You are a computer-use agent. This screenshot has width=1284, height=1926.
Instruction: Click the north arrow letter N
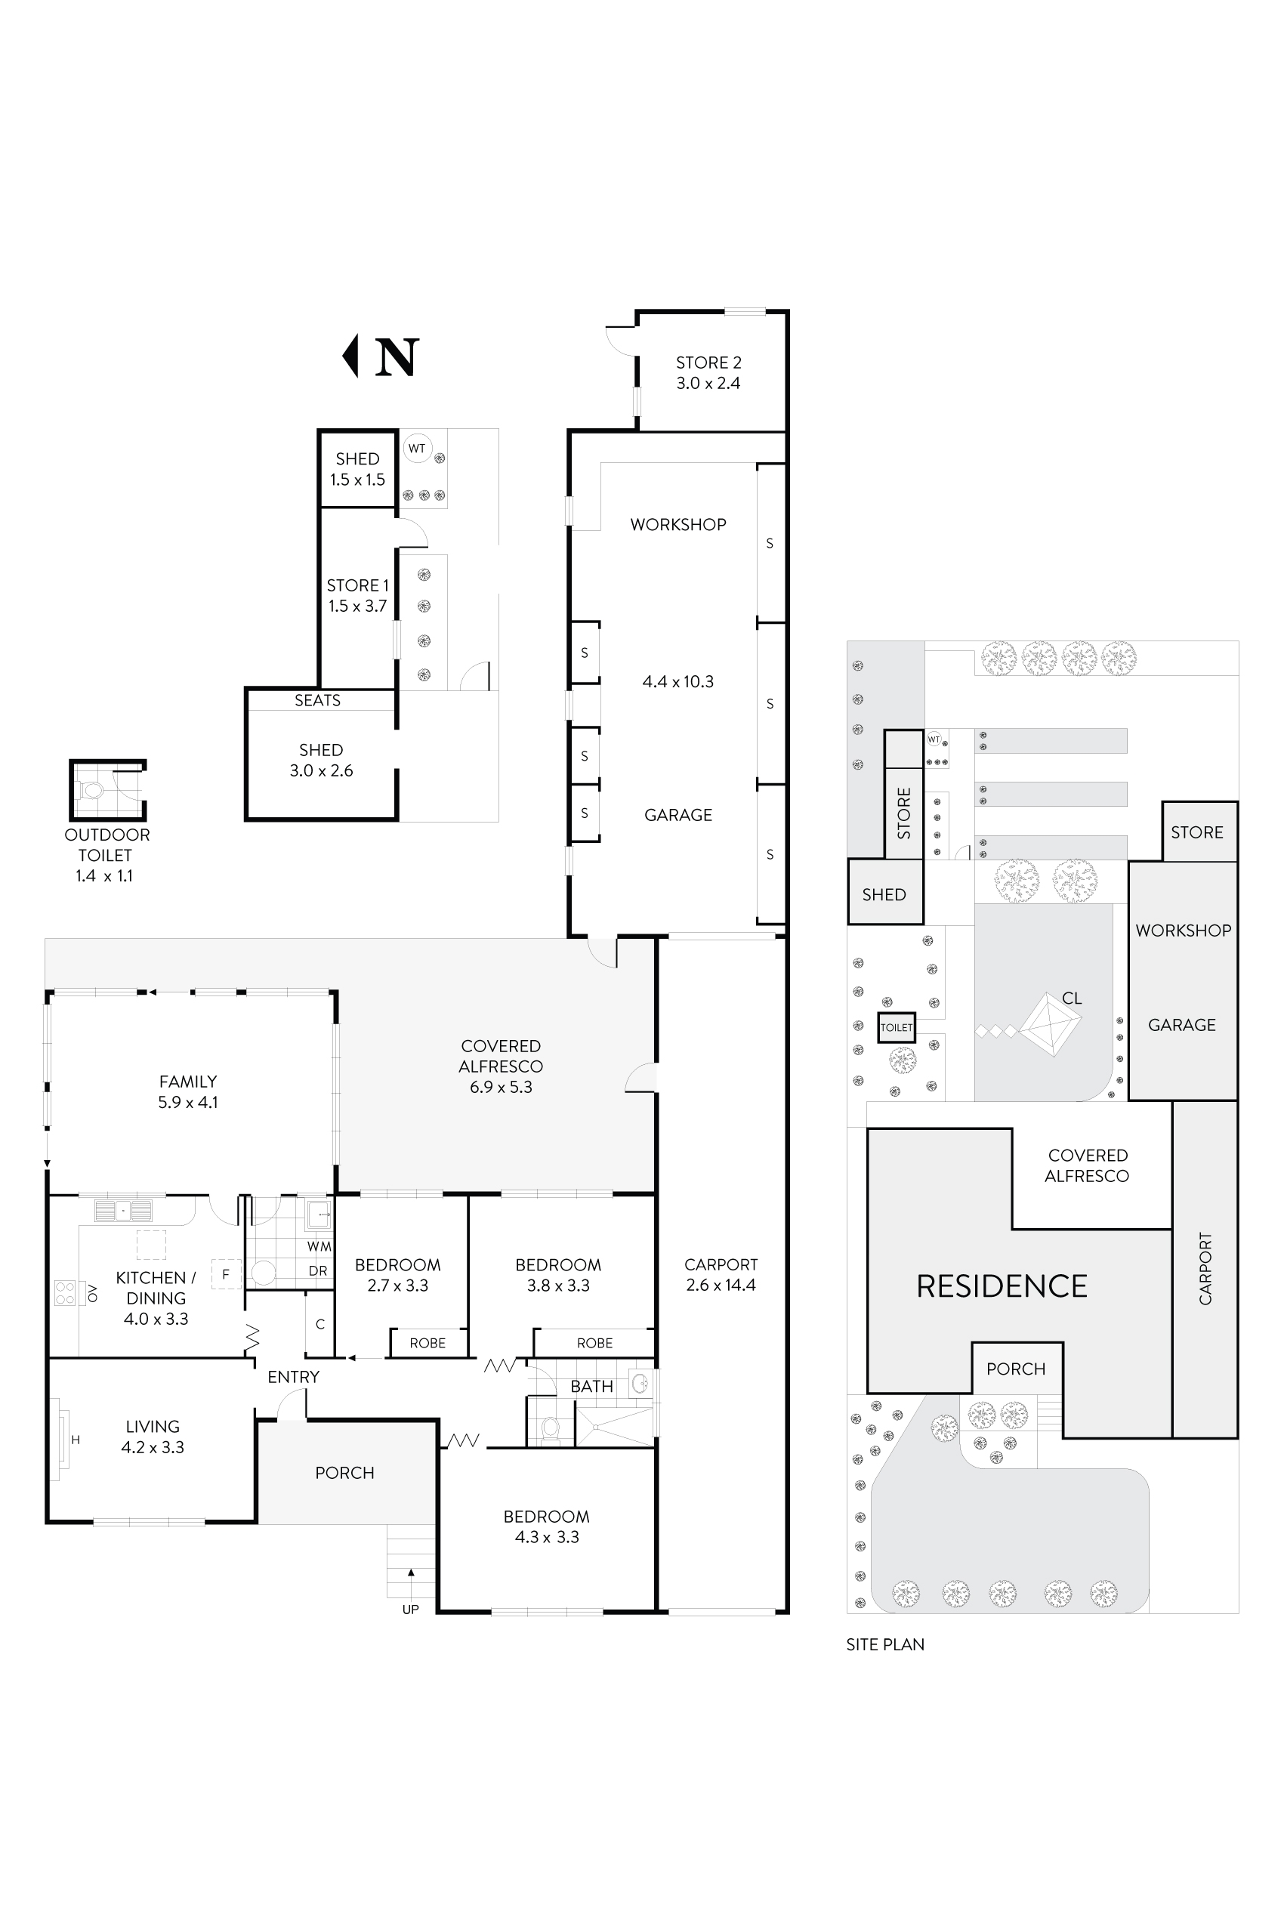coord(397,357)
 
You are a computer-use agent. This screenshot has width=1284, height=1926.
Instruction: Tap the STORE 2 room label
coord(708,363)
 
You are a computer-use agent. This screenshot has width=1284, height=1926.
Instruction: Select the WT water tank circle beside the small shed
coord(417,448)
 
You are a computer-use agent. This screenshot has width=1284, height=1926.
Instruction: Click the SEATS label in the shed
coord(317,700)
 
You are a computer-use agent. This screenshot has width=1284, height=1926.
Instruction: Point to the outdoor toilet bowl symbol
coord(93,791)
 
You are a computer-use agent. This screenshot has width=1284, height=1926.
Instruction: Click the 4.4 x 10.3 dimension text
coord(677,681)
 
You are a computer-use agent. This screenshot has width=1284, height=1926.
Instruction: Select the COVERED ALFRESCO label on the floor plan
coord(500,1057)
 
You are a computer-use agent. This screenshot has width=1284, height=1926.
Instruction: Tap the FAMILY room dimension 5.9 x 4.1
coord(187,1102)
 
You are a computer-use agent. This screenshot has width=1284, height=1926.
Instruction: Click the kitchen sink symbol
coord(123,1209)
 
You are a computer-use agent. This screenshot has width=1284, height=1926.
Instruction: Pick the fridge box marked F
coord(226,1274)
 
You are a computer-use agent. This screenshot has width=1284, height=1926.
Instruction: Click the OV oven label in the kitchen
coord(93,1293)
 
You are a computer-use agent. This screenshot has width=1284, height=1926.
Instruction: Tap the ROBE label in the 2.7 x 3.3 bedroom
coord(427,1343)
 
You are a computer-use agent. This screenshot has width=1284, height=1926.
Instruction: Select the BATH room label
coord(591,1387)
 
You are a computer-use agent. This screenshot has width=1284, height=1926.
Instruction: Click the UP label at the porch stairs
coord(410,1609)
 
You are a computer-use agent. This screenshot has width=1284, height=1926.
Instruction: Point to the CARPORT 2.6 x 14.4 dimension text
coord(721,1285)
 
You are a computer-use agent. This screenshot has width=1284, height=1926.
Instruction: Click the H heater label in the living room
coord(76,1440)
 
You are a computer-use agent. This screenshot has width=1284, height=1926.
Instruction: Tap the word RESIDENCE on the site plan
coord(1001,1286)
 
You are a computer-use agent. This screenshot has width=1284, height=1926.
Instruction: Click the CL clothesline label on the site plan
coord(1071,998)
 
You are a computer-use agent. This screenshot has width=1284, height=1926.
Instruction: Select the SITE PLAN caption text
coord(884,1644)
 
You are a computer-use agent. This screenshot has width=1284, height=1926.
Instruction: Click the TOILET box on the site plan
coord(896,1027)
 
